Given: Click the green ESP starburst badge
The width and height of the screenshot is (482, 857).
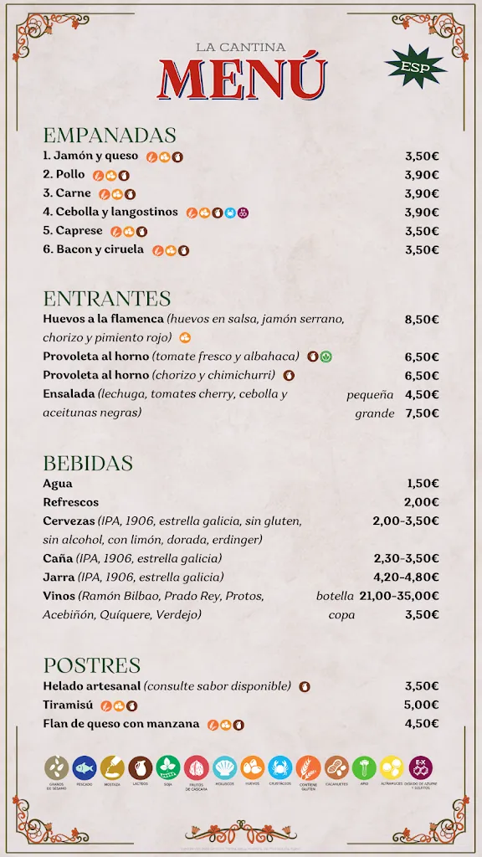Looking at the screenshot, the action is (x=416, y=66).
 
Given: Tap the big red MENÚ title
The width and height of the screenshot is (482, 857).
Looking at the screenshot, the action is (x=241, y=80).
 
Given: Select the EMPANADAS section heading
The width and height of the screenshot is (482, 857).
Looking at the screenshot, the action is (x=110, y=135).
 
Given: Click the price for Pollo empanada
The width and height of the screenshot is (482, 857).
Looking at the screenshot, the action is (x=422, y=175).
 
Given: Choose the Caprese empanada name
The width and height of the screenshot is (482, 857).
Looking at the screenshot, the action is (x=79, y=231).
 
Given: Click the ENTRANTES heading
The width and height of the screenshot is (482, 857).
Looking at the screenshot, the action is (x=106, y=298).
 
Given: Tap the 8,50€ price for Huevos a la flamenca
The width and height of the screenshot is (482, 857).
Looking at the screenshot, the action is (x=422, y=320).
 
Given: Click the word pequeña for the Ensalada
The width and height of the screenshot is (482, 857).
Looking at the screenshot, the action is (x=370, y=395).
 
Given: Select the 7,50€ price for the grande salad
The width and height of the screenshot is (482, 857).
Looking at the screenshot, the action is (x=422, y=413).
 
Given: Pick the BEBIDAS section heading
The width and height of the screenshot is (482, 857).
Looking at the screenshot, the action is (x=88, y=463).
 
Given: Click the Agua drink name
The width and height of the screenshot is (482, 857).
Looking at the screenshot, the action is (x=58, y=484).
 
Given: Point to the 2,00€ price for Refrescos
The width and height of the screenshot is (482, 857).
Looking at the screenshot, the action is (x=422, y=502).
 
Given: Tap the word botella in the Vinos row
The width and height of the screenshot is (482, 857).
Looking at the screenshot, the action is (x=336, y=596).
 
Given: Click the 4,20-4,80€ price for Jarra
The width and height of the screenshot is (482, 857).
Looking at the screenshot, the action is (x=406, y=577).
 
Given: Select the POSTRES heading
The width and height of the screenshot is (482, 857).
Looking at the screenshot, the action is (x=92, y=665).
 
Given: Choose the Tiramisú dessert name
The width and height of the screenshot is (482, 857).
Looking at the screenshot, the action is (x=68, y=705).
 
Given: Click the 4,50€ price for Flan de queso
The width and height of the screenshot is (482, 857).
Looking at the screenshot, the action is (x=422, y=724).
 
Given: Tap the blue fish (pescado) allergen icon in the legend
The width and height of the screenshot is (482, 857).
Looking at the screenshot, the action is (x=84, y=767).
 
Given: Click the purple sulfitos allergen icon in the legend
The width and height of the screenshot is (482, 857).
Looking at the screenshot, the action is (x=420, y=767).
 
